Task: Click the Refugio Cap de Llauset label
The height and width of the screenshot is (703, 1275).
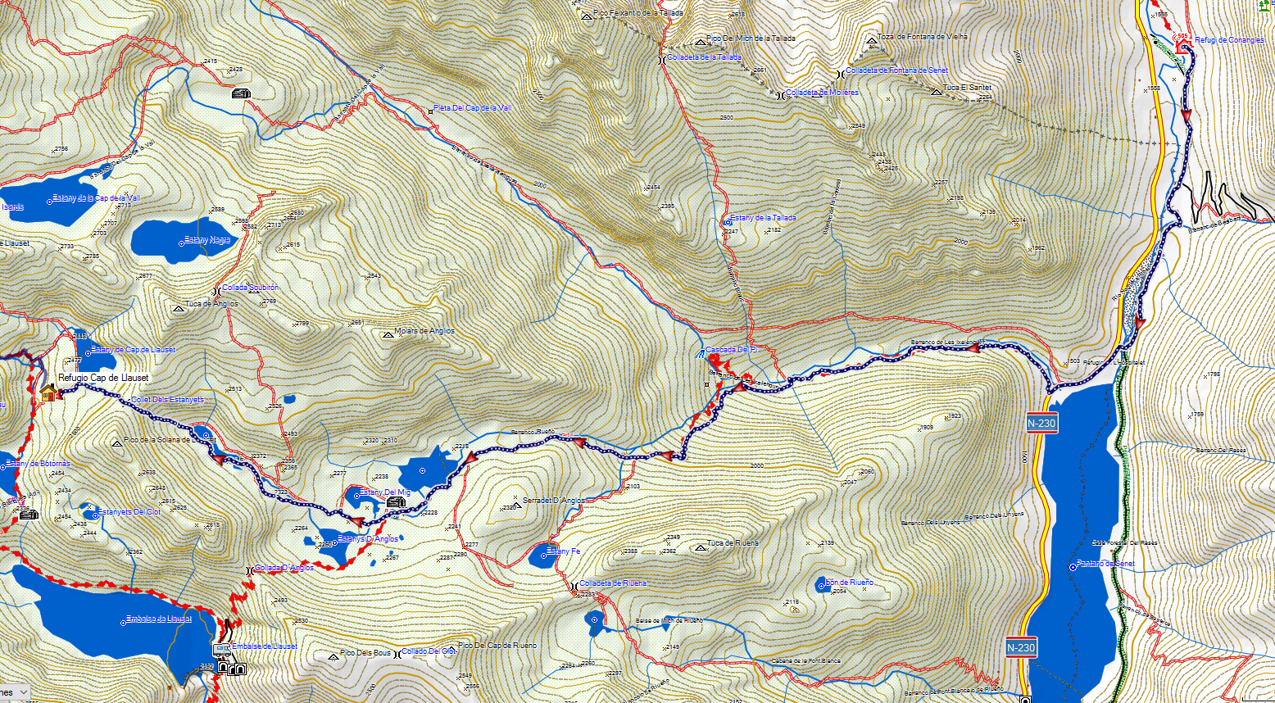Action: click(x=103, y=378)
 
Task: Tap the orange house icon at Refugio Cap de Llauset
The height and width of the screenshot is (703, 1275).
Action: click(x=48, y=393)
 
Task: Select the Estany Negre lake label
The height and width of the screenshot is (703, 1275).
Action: click(x=208, y=240)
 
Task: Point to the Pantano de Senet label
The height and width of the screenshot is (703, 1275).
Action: click(x=1105, y=565)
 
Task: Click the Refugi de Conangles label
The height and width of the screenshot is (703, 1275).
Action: click(x=1229, y=40)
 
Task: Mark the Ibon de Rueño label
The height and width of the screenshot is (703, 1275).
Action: click(x=849, y=583)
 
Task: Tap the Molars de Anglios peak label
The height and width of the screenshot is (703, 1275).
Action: click(x=424, y=332)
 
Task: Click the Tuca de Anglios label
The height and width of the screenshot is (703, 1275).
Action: click(x=211, y=304)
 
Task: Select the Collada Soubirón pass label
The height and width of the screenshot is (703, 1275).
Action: click(x=250, y=288)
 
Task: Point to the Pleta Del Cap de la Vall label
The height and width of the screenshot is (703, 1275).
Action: click(x=472, y=108)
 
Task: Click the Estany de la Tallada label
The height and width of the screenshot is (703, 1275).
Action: click(x=763, y=218)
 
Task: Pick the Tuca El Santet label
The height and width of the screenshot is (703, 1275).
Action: click(x=967, y=88)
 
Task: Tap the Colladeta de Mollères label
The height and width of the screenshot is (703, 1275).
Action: click(x=822, y=93)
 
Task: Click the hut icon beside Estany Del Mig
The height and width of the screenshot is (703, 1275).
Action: click(x=396, y=501)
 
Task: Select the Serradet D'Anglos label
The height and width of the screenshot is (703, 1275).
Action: click(x=555, y=500)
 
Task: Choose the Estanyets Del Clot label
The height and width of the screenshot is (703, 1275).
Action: click(x=129, y=512)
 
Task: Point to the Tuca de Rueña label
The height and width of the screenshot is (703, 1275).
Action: click(x=733, y=543)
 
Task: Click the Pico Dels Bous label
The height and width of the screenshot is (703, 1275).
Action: click(x=365, y=653)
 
